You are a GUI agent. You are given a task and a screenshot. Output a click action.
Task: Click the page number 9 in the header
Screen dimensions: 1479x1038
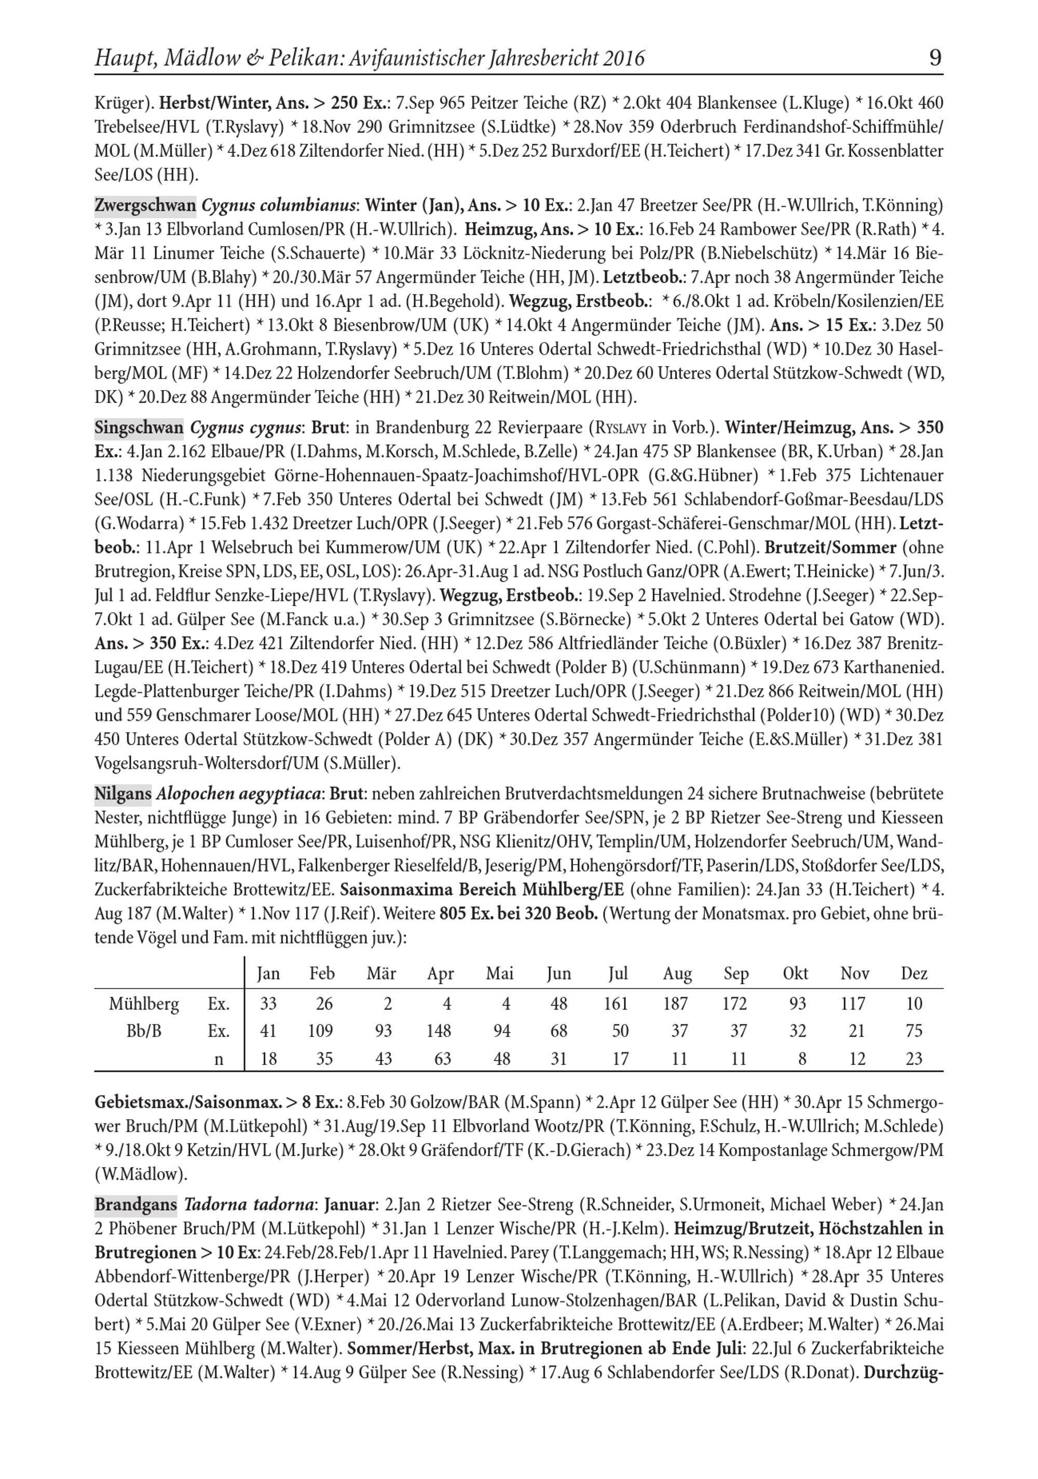coord(935,58)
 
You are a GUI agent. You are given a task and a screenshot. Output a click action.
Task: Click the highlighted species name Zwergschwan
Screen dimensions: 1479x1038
coord(145,206)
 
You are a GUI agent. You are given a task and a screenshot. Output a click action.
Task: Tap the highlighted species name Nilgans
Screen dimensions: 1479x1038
coord(123,794)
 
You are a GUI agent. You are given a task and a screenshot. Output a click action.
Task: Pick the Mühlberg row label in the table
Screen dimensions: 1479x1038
coord(144,1004)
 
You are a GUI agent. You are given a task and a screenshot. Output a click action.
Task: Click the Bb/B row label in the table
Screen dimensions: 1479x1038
coord(144,1031)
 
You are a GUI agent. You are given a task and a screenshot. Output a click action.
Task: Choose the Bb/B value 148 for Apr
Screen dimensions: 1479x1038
coord(439,1031)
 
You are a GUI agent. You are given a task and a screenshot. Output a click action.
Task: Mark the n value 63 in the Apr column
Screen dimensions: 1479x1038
coord(442,1059)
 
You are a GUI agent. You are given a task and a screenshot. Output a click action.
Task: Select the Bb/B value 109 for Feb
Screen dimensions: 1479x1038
coord(321,1031)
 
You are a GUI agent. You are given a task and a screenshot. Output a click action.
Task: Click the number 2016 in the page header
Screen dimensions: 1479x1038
coord(624,59)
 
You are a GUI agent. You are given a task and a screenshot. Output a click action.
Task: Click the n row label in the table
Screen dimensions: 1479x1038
coord(219,1059)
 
